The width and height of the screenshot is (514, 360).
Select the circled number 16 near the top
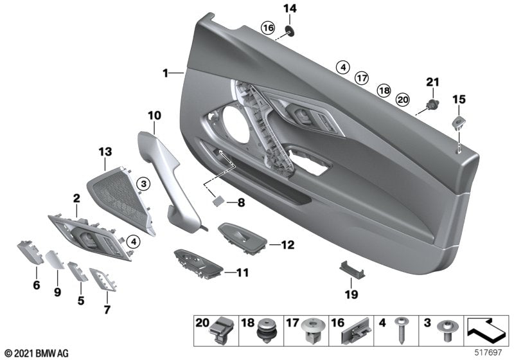[267, 28]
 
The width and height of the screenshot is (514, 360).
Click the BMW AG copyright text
[36, 352]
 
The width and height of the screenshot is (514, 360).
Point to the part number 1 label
[165, 73]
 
